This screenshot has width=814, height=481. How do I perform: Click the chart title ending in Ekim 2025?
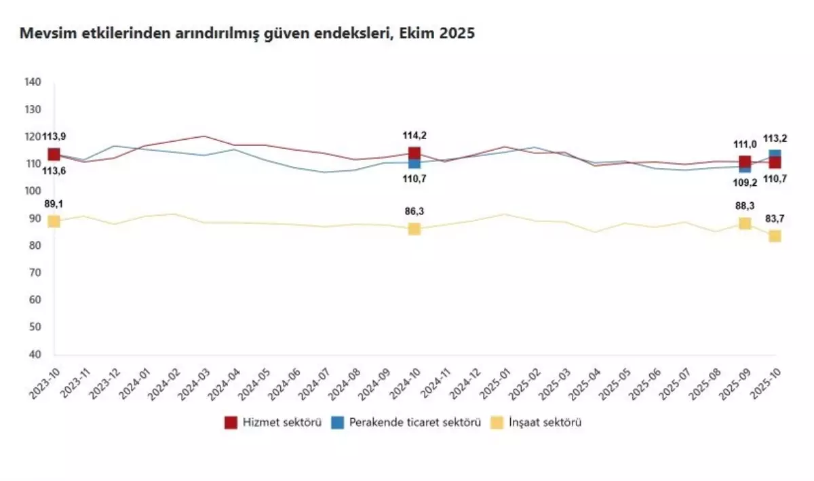pyautogui.click(x=248, y=33)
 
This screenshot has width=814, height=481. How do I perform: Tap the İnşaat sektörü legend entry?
pyautogui.click(x=536, y=422)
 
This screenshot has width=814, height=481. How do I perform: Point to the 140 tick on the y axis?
pyautogui.click(x=33, y=82)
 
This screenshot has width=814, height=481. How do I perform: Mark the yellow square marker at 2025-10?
pyautogui.click(x=775, y=236)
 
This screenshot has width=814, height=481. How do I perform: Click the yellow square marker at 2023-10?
pyautogui.click(x=54, y=221)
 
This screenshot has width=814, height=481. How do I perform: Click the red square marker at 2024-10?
pyautogui.click(x=414, y=153)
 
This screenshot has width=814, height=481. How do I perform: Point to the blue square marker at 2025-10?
pyautogui.click(x=775, y=155)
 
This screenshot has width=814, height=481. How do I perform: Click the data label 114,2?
pyautogui.click(x=414, y=135)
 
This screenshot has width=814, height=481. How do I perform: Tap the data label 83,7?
pyautogui.click(x=775, y=218)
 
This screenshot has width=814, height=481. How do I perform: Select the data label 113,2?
pyautogui.click(x=775, y=138)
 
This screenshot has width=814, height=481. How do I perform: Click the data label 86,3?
pyautogui.click(x=414, y=212)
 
